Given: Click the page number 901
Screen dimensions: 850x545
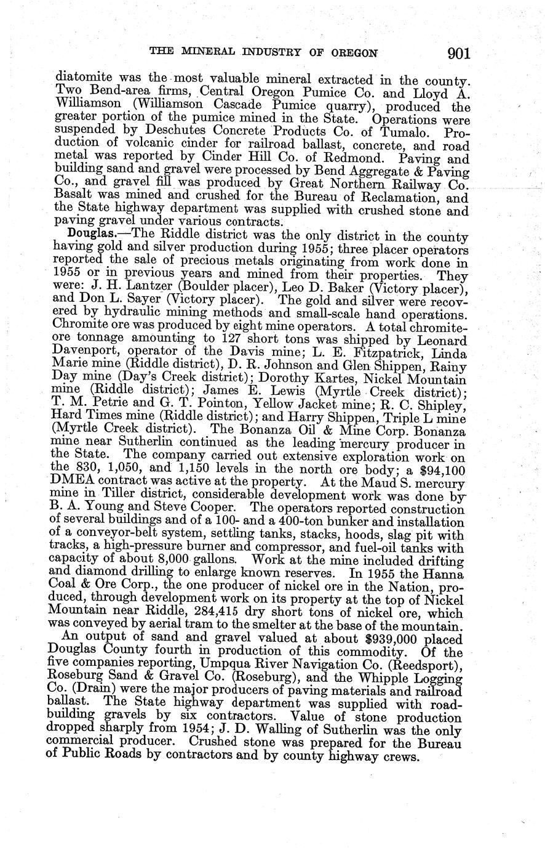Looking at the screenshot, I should (x=459, y=54).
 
